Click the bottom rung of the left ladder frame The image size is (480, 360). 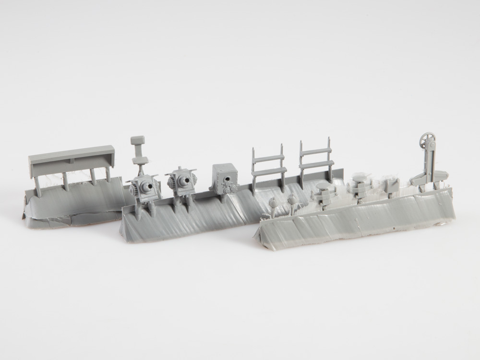(x=269, y=171)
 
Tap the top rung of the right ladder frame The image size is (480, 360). (x=315, y=152)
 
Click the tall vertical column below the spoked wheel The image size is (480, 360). (x=429, y=166)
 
